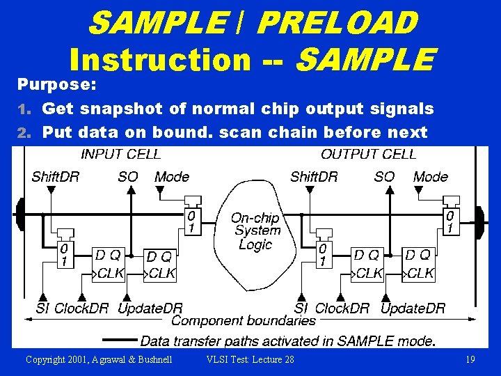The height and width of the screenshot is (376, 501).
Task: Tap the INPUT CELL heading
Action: [120, 154]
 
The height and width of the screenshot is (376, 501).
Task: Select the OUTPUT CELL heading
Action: [369, 154]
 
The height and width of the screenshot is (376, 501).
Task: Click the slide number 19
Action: [470, 359]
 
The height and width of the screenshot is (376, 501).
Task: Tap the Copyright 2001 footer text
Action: [99, 359]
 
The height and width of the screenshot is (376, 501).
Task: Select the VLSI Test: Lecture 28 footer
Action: [250, 359]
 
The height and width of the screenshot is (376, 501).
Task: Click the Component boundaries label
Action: [244, 321]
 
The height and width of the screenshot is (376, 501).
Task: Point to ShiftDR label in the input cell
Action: [56, 177]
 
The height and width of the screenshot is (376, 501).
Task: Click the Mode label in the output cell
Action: [430, 177]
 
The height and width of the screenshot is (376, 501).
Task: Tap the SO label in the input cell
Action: [128, 177]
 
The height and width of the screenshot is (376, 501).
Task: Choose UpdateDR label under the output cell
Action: [413, 308]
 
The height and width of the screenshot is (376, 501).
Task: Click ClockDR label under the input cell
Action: [81, 308]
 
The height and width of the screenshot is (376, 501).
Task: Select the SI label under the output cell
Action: [301, 308]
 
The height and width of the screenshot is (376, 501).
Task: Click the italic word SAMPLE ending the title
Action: [366, 59]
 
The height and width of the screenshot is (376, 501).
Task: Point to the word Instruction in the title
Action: [160, 59]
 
